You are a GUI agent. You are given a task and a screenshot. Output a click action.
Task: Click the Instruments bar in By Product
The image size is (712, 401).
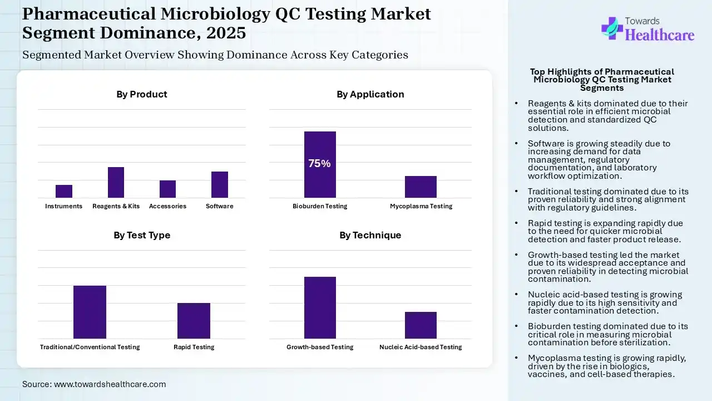point(64,191)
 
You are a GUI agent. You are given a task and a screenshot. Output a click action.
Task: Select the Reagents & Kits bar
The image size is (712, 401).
point(116,182)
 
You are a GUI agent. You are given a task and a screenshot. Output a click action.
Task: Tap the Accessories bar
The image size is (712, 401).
point(167,189)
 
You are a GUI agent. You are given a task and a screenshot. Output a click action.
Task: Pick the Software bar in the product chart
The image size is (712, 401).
point(220,184)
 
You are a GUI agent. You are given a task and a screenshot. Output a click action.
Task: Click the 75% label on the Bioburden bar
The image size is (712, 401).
point(320,164)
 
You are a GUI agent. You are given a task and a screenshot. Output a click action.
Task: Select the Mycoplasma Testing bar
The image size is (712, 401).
point(421,187)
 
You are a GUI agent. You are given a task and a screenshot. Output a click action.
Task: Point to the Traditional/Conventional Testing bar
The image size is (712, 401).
point(90,312)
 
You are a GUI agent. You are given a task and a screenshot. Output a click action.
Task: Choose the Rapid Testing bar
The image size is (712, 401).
point(194,320)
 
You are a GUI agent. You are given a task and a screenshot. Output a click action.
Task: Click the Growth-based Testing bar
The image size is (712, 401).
point(320,307)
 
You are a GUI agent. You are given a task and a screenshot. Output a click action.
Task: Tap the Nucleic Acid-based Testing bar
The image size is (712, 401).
point(421,325)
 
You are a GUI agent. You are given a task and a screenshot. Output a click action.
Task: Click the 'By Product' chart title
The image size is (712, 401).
point(141,94)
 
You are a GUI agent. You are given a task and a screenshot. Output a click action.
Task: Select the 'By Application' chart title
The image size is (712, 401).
point(370,94)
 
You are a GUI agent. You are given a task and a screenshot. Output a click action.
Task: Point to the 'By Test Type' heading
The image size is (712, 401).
point(142,235)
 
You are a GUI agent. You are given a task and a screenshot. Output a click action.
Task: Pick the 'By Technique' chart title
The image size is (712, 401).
point(370,235)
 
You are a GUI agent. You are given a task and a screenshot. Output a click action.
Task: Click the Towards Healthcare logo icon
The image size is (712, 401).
point(611,28)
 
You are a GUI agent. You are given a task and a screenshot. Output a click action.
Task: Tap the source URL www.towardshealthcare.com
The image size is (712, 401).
point(110,384)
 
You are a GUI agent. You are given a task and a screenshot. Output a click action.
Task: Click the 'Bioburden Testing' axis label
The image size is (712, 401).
point(320,206)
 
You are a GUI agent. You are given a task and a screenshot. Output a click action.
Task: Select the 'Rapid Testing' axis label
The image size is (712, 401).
point(194,347)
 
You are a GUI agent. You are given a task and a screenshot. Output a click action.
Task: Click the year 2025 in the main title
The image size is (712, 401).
point(226,33)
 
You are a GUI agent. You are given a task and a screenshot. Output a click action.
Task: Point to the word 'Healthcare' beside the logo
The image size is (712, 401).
point(660,35)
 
